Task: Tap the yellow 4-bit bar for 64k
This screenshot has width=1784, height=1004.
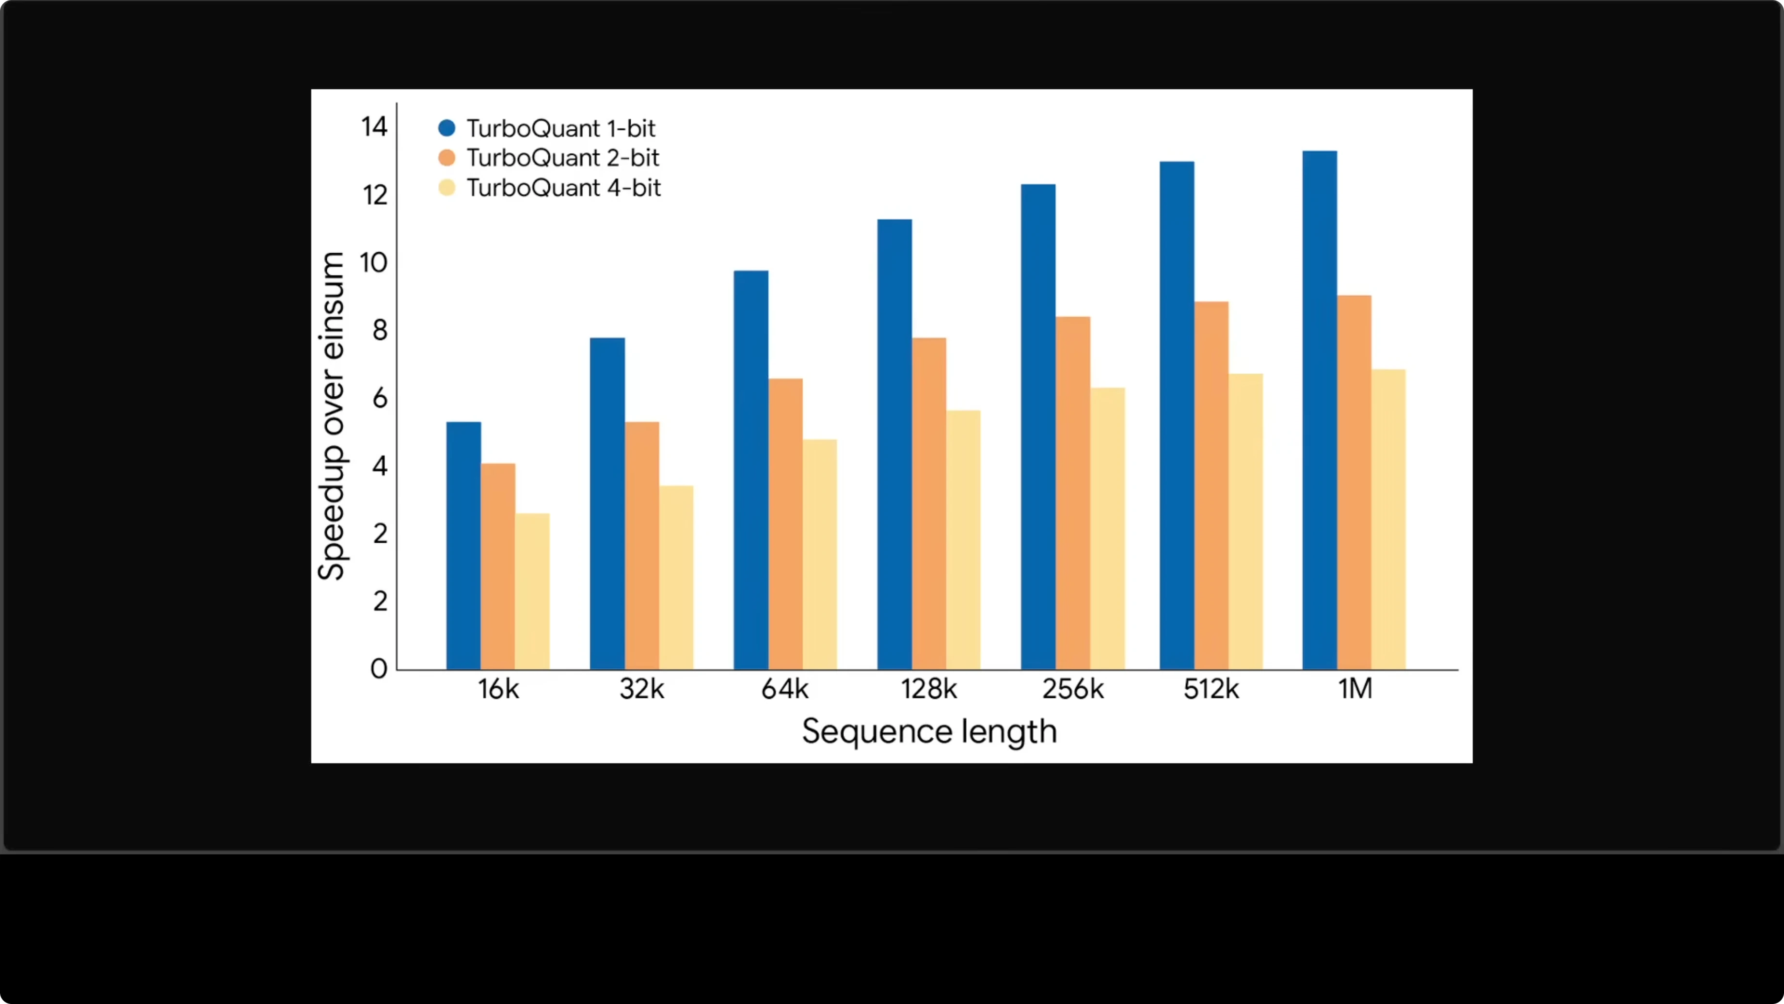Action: point(819,554)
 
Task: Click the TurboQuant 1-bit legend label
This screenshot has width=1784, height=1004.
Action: point(560,128)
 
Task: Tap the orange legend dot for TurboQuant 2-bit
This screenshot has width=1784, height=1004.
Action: point(446,158)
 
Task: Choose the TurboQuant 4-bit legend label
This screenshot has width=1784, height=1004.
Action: point(563,188)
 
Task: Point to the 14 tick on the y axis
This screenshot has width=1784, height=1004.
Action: point(374,126)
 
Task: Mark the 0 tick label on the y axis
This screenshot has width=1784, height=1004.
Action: point(379,669)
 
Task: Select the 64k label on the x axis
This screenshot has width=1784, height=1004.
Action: point(785,689)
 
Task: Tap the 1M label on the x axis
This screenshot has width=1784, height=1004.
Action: point(1354,689)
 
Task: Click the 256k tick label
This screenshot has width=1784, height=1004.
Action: point(1073,689)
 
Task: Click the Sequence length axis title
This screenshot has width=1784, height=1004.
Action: point(929,732)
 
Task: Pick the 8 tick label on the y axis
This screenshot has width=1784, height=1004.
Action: point(380,330)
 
